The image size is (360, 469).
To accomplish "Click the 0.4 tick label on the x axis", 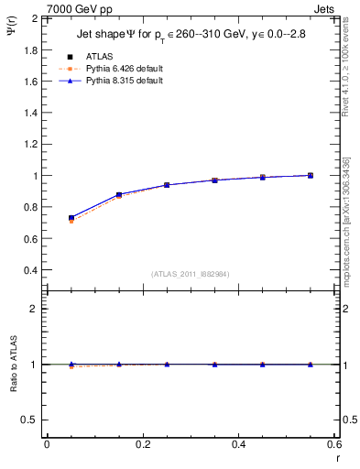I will [x=238, y=443].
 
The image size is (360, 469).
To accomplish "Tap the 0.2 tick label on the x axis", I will [x=142, y=443].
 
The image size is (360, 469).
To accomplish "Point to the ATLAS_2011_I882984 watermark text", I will [x=190, y=274].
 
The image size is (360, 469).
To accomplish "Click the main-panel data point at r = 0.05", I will [x=71, y=218].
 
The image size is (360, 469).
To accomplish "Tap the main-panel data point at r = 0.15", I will [x=119, y=195].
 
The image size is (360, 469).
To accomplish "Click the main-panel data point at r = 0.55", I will [x=311, y=175].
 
